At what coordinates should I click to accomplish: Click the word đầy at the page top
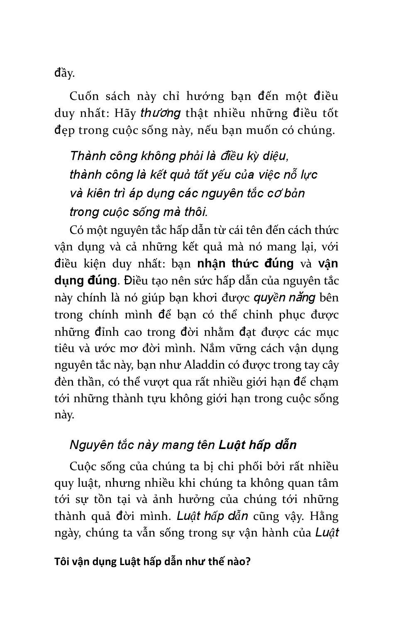tap(64, 73)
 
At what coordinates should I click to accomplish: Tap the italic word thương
tap(161, 113)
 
